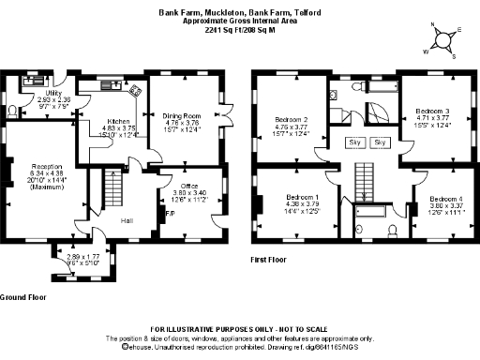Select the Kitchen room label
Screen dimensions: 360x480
coord(117,121)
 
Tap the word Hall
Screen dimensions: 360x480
coord(126,220)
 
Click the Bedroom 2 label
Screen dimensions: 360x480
coord(292,120)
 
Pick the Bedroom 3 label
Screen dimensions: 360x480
coord(432,111)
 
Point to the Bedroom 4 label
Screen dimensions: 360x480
coord(445,199)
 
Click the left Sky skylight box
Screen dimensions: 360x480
coord(355,142)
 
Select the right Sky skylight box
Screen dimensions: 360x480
coord(380,142)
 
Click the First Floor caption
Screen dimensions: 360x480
coord(273,260)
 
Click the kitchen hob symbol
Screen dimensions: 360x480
coord(135,90)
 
